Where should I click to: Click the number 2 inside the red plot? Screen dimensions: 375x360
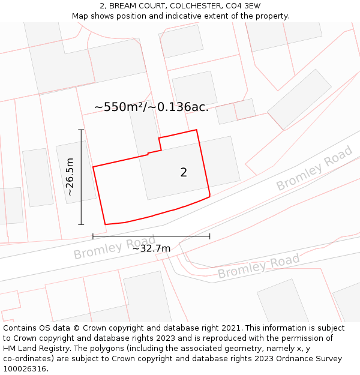[184, 173]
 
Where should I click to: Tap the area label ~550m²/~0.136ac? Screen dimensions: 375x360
[151, 107]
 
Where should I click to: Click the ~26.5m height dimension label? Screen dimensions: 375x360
[70, 177]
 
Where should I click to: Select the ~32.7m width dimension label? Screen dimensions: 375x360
[151, 248]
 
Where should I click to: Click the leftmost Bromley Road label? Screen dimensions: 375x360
[115, 247]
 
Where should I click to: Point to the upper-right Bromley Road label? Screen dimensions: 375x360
[314, 169]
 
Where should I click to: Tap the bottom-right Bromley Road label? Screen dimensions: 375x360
[259, 267]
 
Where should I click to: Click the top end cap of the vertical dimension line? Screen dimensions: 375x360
[81, 129]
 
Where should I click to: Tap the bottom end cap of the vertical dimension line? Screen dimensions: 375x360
[81, 224]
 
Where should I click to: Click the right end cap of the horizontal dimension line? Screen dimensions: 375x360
[210, 236]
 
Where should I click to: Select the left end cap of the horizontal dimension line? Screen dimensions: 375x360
[93, 236]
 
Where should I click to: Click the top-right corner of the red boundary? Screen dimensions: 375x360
[197, 130]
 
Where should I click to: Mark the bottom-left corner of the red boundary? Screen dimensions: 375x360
[106, 224]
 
